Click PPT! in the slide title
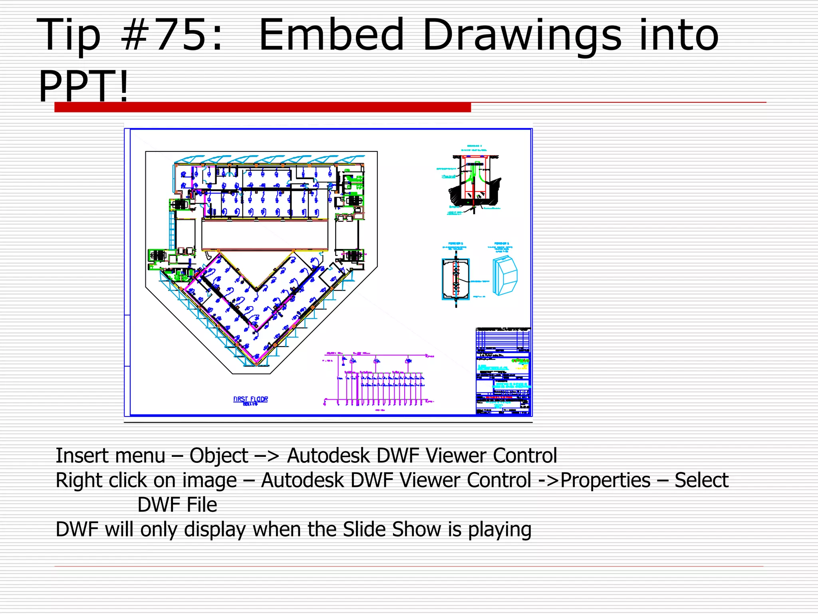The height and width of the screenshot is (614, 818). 83,86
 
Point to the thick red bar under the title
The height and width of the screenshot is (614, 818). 262,107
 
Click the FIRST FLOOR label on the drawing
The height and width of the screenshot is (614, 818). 250,399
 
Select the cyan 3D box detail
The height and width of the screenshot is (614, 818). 505,276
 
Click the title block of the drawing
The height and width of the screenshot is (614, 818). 503,371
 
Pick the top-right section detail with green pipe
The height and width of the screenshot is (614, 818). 474,182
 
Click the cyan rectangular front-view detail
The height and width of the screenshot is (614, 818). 456,279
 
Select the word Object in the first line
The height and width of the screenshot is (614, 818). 219,456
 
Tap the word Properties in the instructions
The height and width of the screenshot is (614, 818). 606,480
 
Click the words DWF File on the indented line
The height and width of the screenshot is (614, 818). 177,505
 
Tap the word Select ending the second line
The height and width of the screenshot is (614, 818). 701,480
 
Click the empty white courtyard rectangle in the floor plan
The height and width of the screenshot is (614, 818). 264,235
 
